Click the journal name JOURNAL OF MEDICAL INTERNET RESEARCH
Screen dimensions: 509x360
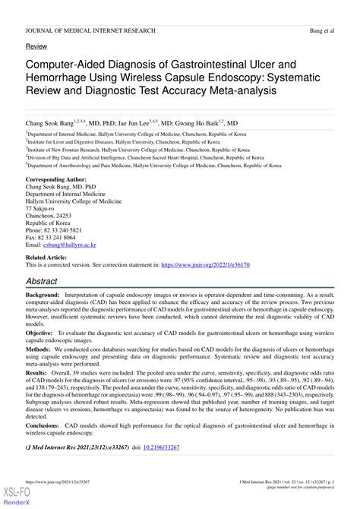pos(90,30)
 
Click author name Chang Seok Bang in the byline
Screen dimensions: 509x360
pos(53,122)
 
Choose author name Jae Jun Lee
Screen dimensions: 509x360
pos(148,122)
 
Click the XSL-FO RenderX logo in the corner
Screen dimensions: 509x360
pos(13,496)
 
